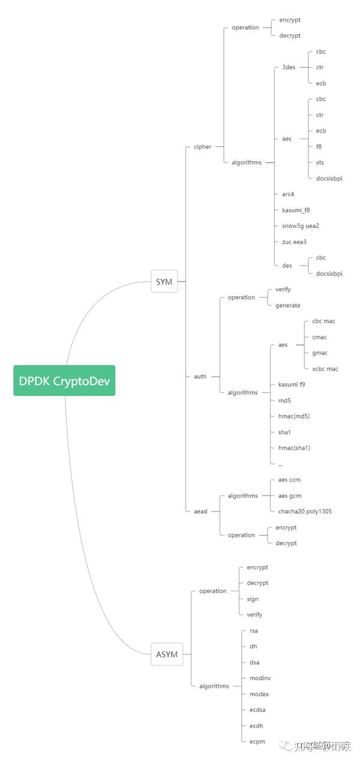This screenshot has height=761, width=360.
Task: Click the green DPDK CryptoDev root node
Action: coord(64,381)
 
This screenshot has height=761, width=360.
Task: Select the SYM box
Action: coord(164,281)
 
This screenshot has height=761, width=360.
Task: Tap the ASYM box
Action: coord(167,654)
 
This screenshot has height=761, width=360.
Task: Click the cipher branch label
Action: coord(202,146)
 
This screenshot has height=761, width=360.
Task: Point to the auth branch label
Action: coord(200,377)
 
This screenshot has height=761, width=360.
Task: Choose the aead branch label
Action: coord(200,511)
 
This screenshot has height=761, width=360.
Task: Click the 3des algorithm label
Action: coord(289,67)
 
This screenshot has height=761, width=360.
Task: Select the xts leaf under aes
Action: coord(320,162)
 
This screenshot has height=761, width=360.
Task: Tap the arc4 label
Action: coord(288,194)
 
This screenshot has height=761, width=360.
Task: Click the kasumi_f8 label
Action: coord(296,210)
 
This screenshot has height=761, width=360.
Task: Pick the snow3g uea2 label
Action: coord(301,225)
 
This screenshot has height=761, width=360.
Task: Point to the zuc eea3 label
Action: coord(294,242)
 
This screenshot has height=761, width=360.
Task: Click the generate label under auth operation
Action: coord(288,305)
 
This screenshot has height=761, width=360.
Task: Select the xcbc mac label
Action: coord(325,369)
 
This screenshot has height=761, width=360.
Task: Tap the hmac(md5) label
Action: coord(294,416)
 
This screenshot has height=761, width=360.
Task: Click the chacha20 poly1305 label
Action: coord(305,512)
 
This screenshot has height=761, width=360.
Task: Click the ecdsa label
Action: coord(257,709)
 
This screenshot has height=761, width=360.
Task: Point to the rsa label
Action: coord(253,630)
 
